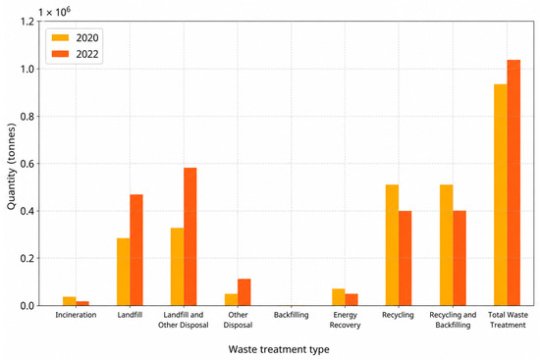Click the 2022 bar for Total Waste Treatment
(x=513, y=182)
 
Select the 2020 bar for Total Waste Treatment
(x=501, y=195)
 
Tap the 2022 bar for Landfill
(x=136, y=250)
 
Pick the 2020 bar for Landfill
(x=124, y=272)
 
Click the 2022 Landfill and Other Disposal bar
(x=190, y=236)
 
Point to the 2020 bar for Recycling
(x=393, y=245)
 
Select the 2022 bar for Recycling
(x=405, y=258)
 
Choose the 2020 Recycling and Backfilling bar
(x=447, y=245)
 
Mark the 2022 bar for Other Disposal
(x=244, y=292)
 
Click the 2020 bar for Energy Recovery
(x=339, y=297)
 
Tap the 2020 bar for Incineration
(x=70, y=301)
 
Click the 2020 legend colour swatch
(x=60, y=37)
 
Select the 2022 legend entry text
(x=87, y=54)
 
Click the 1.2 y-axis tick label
(x=27, y=22)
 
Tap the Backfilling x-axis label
(x=292, y=315)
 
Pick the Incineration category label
(x=76, y=315)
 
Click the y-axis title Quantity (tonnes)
(x=12, y=167)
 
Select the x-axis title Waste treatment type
(x=279, y=349)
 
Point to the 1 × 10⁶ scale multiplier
(x=54, y=12)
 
